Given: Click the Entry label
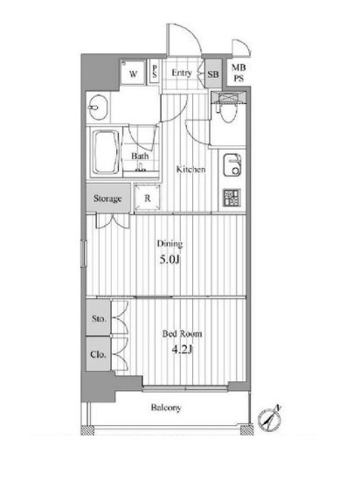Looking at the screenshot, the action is [182, 73].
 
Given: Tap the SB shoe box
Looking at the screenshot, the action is [213, 73].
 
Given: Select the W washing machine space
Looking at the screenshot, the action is [133, 73].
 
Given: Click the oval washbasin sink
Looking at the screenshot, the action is [98, 108].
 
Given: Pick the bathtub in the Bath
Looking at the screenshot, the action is [106, 152].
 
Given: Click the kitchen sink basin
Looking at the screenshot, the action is [233, 164].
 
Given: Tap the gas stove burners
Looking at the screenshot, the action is [232, 198].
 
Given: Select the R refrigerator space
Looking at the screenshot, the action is [147, 198].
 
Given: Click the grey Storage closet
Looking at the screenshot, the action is [107, 199].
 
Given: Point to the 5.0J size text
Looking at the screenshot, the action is [170, 260].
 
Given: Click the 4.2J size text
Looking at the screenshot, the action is [182, 350].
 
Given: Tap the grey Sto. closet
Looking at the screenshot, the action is [99, 317].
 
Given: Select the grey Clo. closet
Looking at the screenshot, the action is [99, 354].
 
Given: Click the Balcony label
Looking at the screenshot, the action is [166, 408].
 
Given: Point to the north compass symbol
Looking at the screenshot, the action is [269, 419].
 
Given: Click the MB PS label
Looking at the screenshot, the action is [239, 73].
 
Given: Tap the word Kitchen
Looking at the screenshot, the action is [190, 169].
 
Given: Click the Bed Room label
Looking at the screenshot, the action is [182, 334].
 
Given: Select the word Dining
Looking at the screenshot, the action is [170, 244].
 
